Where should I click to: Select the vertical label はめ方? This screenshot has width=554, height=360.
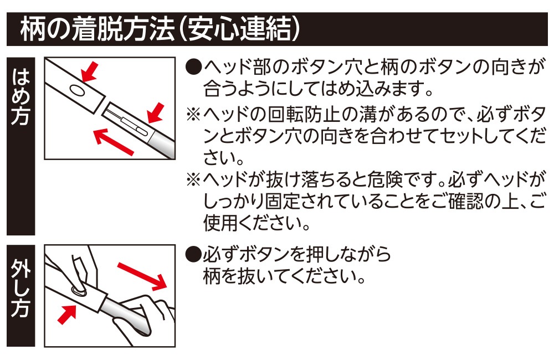[20, 98]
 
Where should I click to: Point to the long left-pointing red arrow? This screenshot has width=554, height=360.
[114, 141]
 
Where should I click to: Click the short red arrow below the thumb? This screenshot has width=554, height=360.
[67, 316]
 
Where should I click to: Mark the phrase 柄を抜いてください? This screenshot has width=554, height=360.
[283, 275]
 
